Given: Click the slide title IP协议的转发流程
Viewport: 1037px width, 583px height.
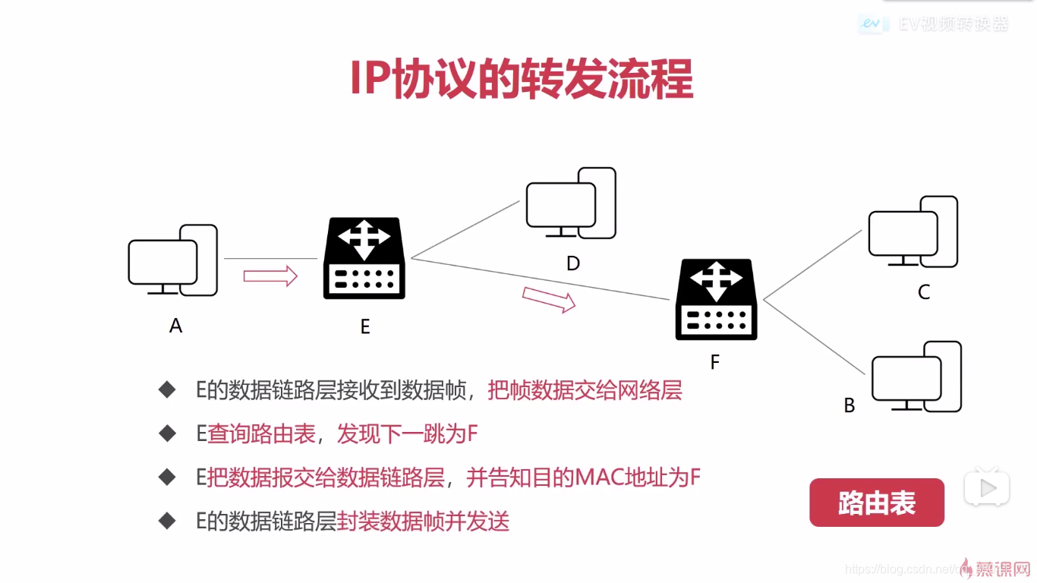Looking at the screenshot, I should click(x=521, y=79).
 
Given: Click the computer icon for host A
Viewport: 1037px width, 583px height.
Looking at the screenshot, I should click(x=172, y=260).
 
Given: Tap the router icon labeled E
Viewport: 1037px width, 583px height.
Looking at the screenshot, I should click(x=364, y=258).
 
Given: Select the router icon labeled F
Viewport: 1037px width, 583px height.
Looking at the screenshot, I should click(x=716, y=299).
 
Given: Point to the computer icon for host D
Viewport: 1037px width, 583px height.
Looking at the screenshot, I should click(x=571, y=203).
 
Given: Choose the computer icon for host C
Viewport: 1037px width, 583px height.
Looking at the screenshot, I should click(x=912, y=232).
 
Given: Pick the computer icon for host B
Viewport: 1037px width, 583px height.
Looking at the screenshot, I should click(x=916, y=377).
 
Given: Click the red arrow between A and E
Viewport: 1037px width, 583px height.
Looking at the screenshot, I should click(x=270, y=275).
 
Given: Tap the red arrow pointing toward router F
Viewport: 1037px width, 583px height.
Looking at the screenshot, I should click(x=549, y=299).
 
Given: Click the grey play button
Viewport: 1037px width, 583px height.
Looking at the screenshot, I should click(x=987, y=488).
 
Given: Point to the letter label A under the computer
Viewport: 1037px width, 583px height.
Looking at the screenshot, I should click(x=176, y=326).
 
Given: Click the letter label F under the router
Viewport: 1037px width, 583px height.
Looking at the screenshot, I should click(x=714, y=363).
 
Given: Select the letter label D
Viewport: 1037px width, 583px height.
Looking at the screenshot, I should click(x=573, y=263).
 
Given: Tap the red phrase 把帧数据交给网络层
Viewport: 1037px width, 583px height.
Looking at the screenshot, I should click(x=585, y=390).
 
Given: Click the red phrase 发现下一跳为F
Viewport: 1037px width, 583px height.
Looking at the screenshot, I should click(x=407, y=433).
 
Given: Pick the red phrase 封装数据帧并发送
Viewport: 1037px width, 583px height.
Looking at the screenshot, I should click(x=423, y=522).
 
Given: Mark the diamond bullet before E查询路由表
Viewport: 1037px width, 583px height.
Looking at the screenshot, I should click(x=167, y=433).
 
